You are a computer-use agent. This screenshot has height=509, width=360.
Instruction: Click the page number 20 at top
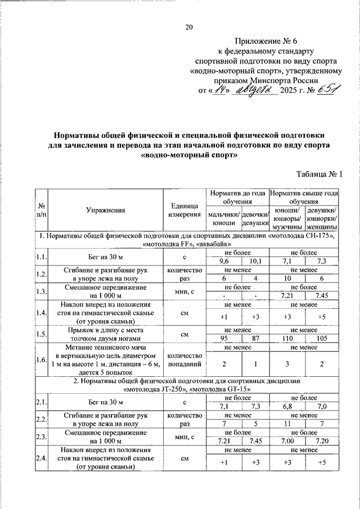coord(189,28)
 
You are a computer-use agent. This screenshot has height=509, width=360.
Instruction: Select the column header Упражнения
coord(106,210)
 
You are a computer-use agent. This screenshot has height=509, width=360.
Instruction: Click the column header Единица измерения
coord(184,210)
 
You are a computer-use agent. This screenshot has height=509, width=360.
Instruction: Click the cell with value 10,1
coord(255,261)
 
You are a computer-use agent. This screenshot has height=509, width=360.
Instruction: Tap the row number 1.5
coord(41,334)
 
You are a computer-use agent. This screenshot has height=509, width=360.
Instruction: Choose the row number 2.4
coord(41,458)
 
